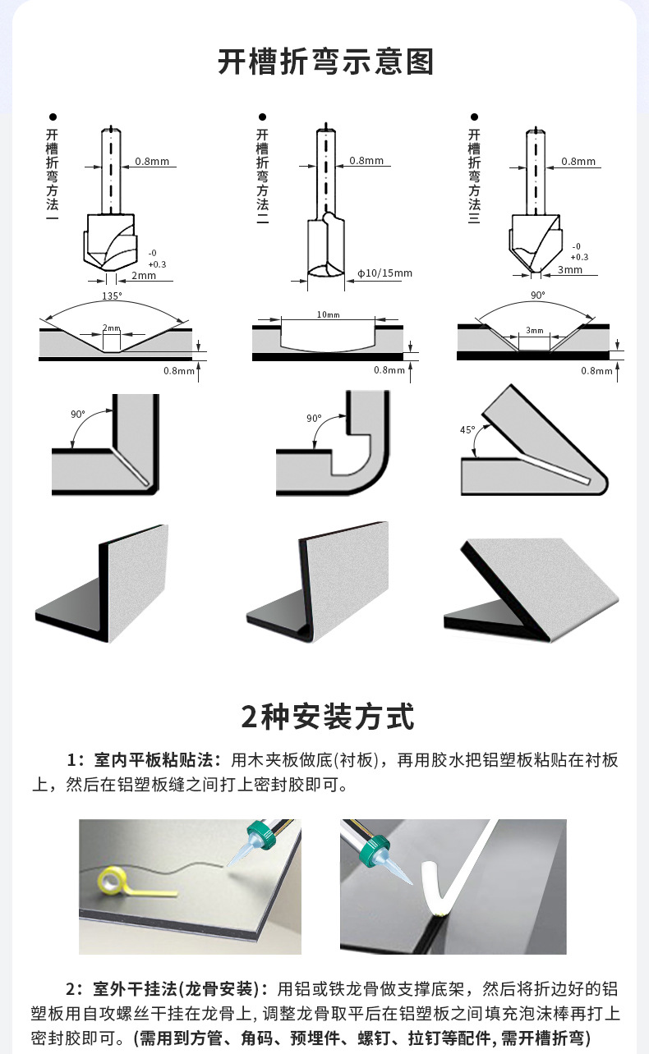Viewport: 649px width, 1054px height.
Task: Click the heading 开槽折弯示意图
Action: [x=324, y=62]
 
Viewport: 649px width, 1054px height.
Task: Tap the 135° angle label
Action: [x=111, y=296]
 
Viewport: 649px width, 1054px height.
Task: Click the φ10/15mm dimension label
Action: [x=384, y=273]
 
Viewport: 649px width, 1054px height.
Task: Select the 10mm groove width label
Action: [x=327, y=315]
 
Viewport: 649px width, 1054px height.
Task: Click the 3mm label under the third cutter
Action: [x=569, y=269]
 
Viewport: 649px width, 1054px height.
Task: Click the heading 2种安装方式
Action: [x=327, y=717]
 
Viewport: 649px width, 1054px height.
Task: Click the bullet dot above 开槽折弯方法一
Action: [x=53, y=117]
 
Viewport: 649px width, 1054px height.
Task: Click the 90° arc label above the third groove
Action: [x=537, y=296]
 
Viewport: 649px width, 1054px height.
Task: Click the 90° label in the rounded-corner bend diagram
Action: [x=313, y=419]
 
